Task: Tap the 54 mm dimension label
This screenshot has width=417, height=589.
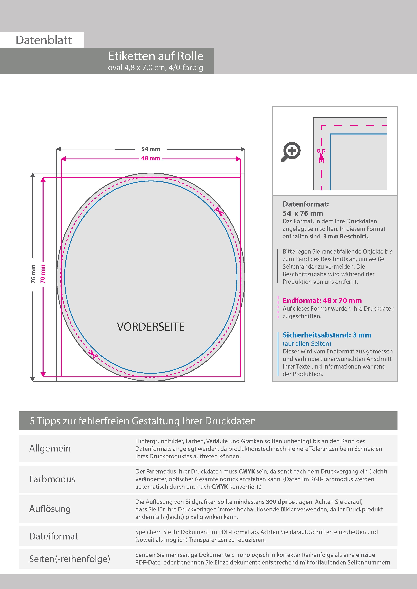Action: tap(150, 149)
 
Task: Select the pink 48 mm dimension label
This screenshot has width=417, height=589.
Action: tap(150, 158)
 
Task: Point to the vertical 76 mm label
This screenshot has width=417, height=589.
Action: tap(33, 274)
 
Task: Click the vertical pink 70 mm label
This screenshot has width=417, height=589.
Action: tap(43, 274)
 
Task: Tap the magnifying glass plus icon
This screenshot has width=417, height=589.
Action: tap(291, 152)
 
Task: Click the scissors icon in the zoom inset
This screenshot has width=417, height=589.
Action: tap(321, 155)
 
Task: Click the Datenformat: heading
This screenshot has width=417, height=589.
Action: tap(306, 204)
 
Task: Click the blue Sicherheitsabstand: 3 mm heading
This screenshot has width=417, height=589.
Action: tap(327, 335)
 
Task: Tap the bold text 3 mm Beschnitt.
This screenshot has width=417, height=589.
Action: tap(346, 237)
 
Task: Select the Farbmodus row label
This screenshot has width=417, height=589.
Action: tap(52, 479)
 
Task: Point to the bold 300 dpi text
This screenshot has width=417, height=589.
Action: tap(276, 502)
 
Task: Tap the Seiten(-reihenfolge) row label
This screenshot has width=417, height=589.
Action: tap(69, 559)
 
